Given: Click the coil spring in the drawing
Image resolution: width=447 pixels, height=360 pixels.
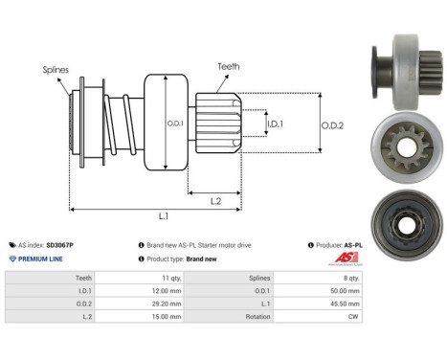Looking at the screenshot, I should click(x=116, y=124).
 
